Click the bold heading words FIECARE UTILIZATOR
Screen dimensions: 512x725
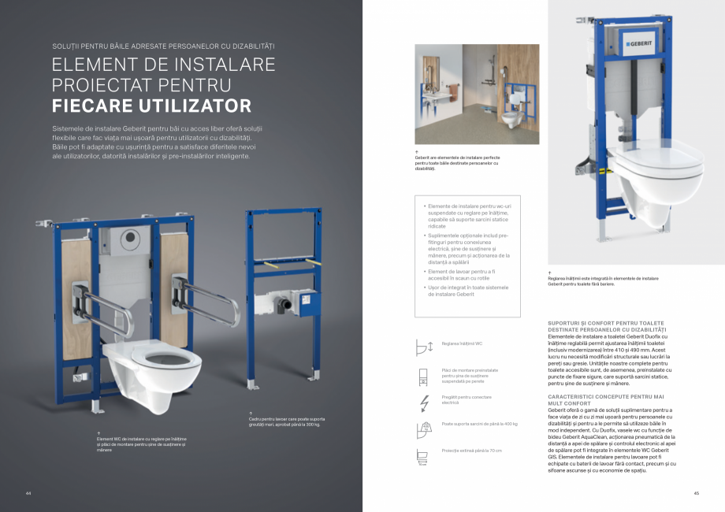tap(151, 106)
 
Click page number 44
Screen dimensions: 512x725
tap(28, 493)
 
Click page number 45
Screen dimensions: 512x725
tap(696, 493)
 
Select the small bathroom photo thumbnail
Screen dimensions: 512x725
tap(477, 94)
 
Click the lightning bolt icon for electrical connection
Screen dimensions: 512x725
tap(425, 402)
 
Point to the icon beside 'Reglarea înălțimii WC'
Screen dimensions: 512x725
tap(425, 345)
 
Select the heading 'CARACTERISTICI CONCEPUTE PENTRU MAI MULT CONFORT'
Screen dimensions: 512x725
tap(605, 399)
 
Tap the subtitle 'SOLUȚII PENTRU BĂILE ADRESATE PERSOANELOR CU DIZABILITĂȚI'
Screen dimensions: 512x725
tap(163, 45)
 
